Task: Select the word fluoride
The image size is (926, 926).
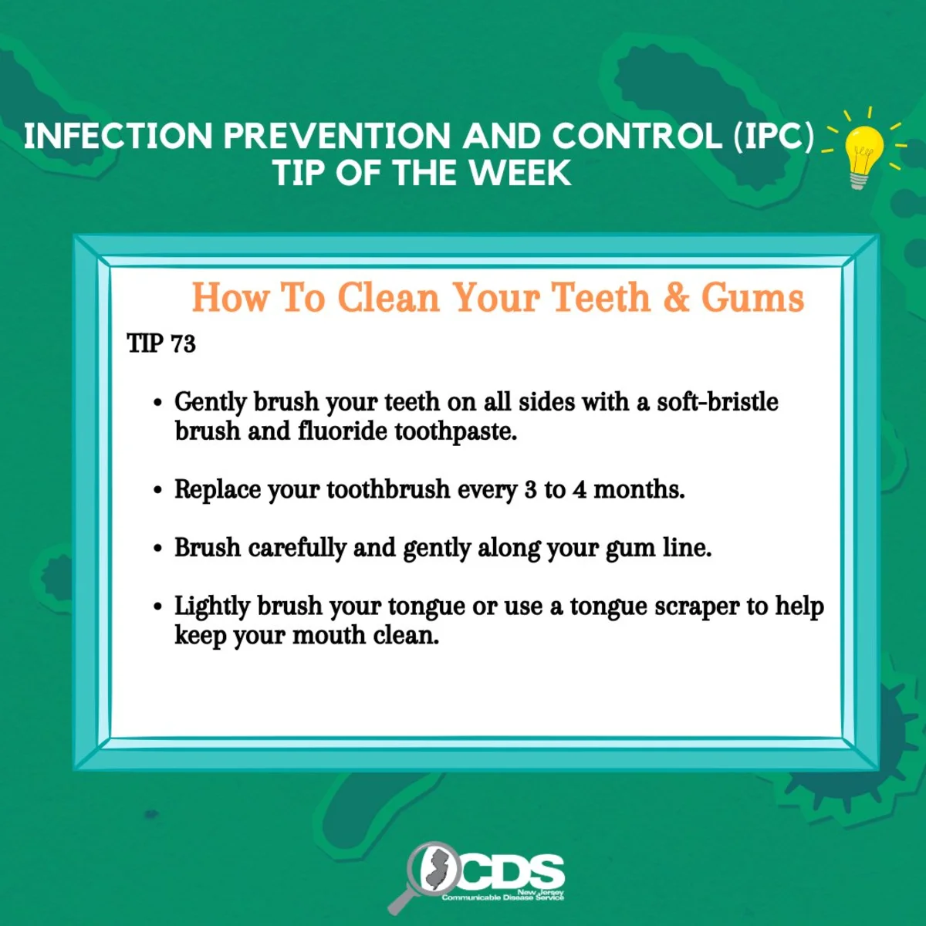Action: tap(342, 431)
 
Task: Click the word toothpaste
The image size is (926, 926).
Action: tap(455, 431)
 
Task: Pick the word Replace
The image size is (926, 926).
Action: tap(217, 490)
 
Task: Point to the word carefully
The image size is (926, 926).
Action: tap(297, 549)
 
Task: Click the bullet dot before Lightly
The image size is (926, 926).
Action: tap(157, 607)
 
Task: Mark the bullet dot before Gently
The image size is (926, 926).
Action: tap(157, 403)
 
